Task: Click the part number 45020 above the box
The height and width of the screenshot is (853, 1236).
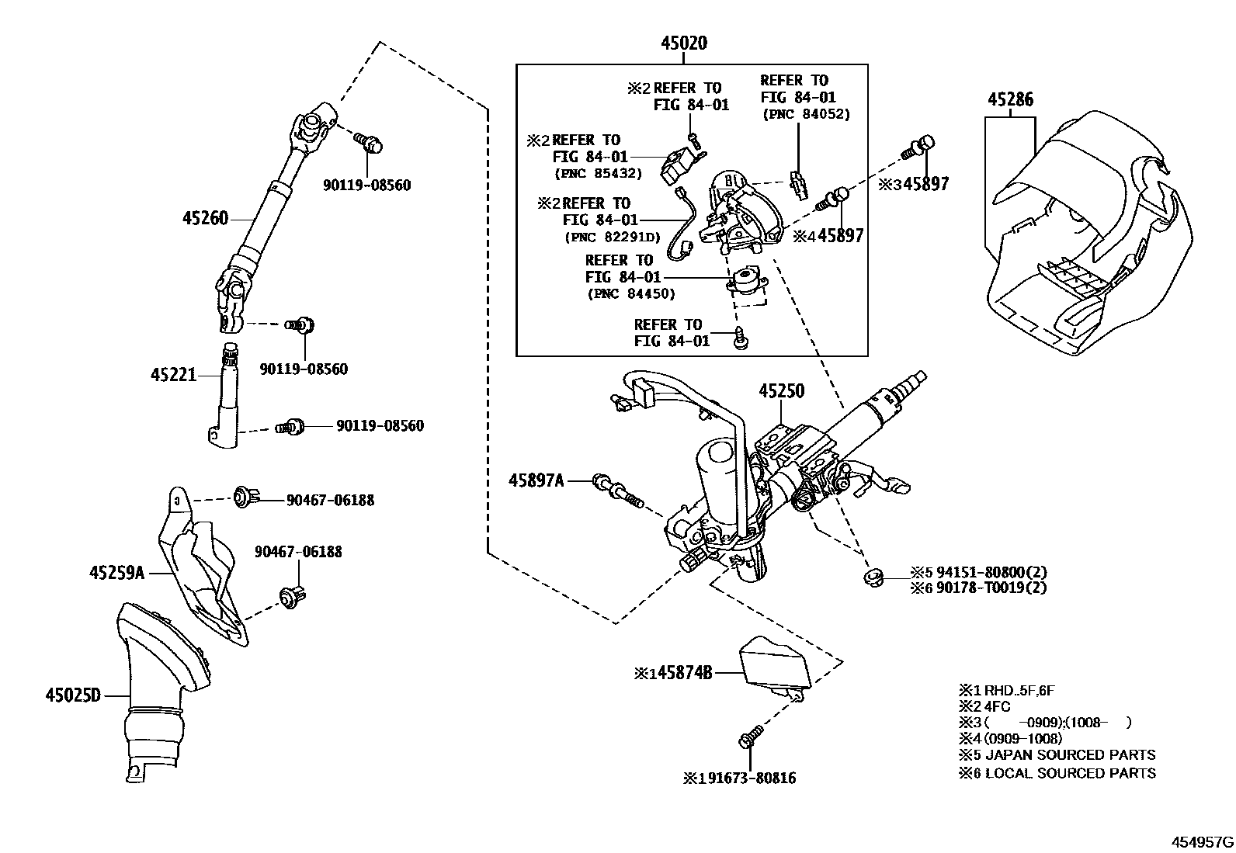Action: click(x=684, y=43)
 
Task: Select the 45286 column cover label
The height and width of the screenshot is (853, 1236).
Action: click(x=1010, y=99)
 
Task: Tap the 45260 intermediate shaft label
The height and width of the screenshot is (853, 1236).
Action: click(x=205, y=219)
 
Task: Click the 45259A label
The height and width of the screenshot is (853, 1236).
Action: click(x=117, y=573)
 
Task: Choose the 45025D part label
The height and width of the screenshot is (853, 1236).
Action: click(x=74, y=695)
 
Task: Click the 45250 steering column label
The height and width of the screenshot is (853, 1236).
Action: click(x=781, y=391)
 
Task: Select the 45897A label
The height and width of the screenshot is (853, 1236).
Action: click(x=536, y=480)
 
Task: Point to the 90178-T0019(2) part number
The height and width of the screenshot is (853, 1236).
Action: click(x=991, y=588)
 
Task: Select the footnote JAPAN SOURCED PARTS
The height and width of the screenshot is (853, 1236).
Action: click(x=1069, y=754)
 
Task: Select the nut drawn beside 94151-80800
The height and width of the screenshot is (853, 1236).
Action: click(x=873, y=576)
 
